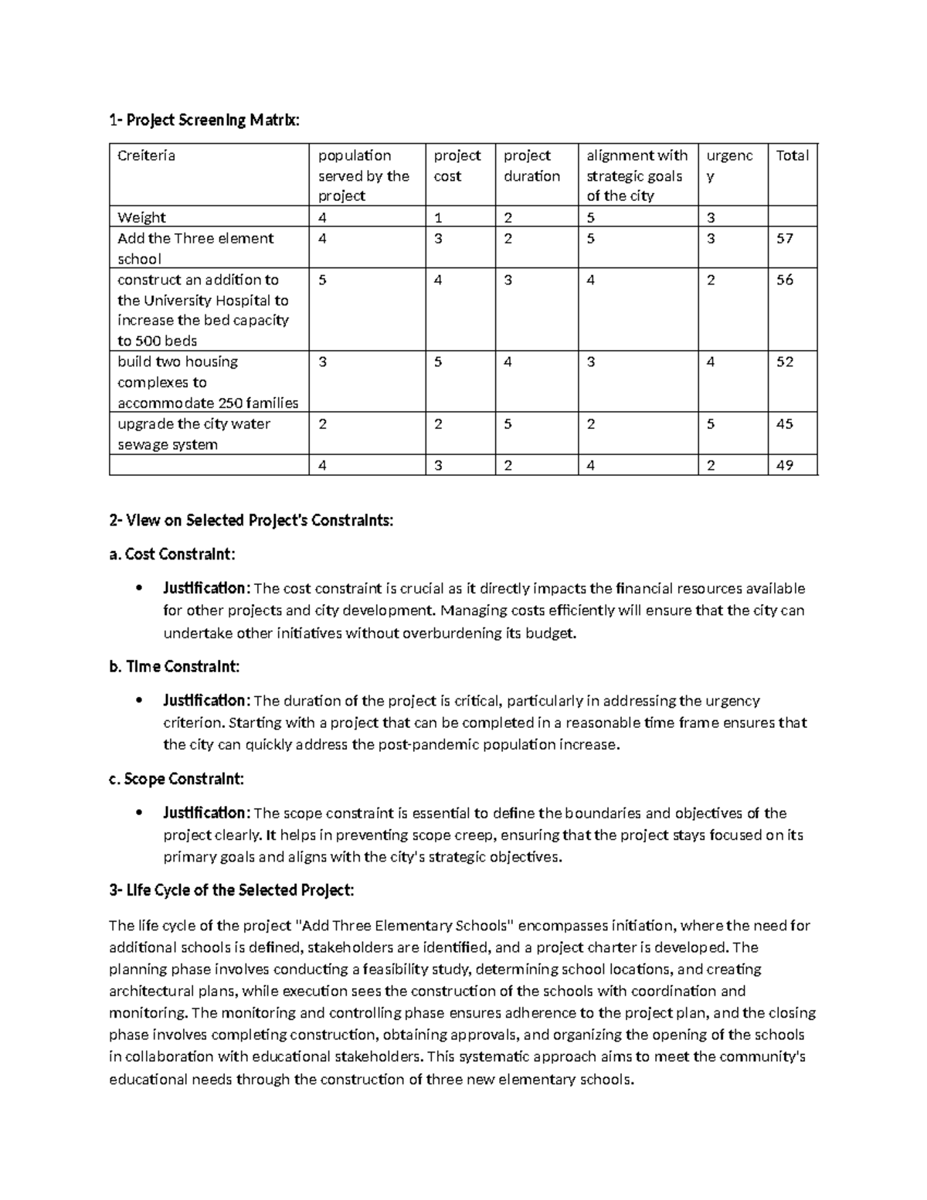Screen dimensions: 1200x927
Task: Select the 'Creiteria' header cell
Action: click(146, 155)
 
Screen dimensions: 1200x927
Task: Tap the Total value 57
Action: click(785, 239)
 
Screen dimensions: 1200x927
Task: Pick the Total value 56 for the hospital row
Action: click(785, 280)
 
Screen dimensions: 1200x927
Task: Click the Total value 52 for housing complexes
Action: click(785, 362)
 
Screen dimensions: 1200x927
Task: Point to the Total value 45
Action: click(785, 423)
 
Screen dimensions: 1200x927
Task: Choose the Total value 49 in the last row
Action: click(785, 465)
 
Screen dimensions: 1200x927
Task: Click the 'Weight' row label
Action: click(141, 217)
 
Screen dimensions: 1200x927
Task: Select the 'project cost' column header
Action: click(457, 165)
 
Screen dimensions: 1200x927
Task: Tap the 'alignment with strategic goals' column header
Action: click(637, 175)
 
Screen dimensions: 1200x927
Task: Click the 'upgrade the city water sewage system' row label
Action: click(194, 433)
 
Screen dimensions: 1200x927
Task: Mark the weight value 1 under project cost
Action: click(438, 217)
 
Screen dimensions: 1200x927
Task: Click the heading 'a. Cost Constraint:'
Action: click(172, 554)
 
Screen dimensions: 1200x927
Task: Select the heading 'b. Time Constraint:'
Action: click(175, 666)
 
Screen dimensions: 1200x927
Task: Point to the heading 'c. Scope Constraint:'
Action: click(177, 779)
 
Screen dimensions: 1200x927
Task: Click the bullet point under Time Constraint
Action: click(138, 701)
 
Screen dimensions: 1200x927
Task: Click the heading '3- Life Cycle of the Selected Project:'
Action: click(232, 890)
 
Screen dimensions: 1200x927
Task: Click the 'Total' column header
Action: click(792, 155)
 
